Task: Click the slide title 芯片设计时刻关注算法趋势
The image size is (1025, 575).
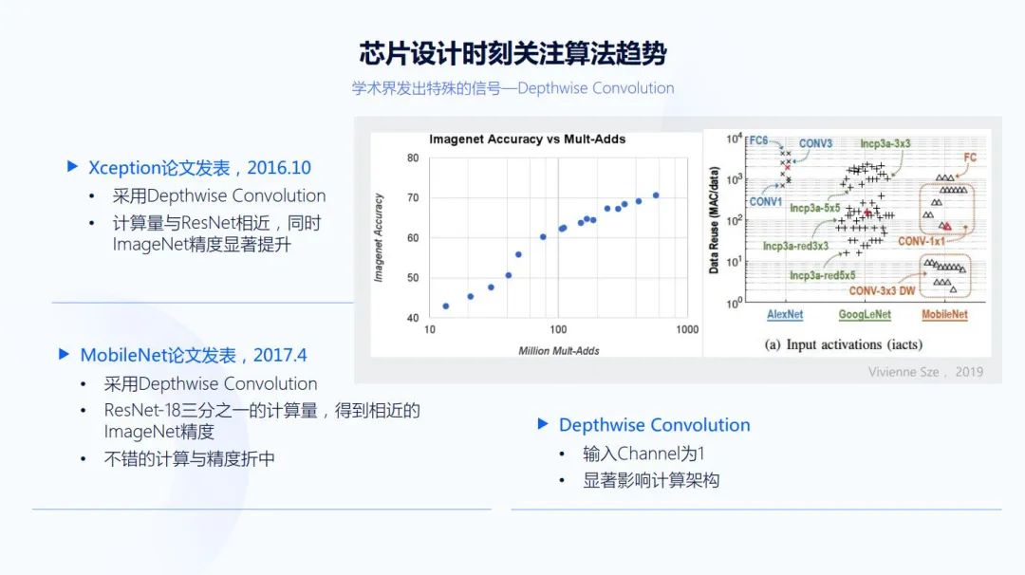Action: point(512,53)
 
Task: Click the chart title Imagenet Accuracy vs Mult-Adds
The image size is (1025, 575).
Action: point(527,139)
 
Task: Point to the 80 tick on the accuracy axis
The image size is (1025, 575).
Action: point(413,158)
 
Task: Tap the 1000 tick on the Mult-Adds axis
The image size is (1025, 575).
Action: point(687,329)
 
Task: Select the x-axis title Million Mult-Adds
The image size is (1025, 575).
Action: point(559,351)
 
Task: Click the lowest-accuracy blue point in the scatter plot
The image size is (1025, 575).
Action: point(446,306)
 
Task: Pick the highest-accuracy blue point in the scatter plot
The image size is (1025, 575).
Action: point(656,195)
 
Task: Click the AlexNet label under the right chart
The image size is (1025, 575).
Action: point(785,314)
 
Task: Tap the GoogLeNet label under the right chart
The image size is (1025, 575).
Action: point(865,314)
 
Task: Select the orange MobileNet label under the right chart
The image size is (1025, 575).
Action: point(944,314)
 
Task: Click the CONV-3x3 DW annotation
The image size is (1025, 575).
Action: point(882,290)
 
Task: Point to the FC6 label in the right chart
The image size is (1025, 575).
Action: point(758,140)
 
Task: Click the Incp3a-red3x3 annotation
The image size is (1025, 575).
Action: point(795,246)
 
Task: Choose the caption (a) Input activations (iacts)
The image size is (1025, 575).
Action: point(844,344)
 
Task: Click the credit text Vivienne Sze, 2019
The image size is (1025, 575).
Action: point(925,372)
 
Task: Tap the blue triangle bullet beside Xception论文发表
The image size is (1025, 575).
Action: point(72,167)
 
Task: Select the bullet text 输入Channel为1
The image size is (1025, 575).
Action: point(643,454)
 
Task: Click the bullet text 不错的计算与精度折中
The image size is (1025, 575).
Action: point(189,458)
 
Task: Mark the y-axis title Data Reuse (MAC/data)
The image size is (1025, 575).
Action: point(713,219)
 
